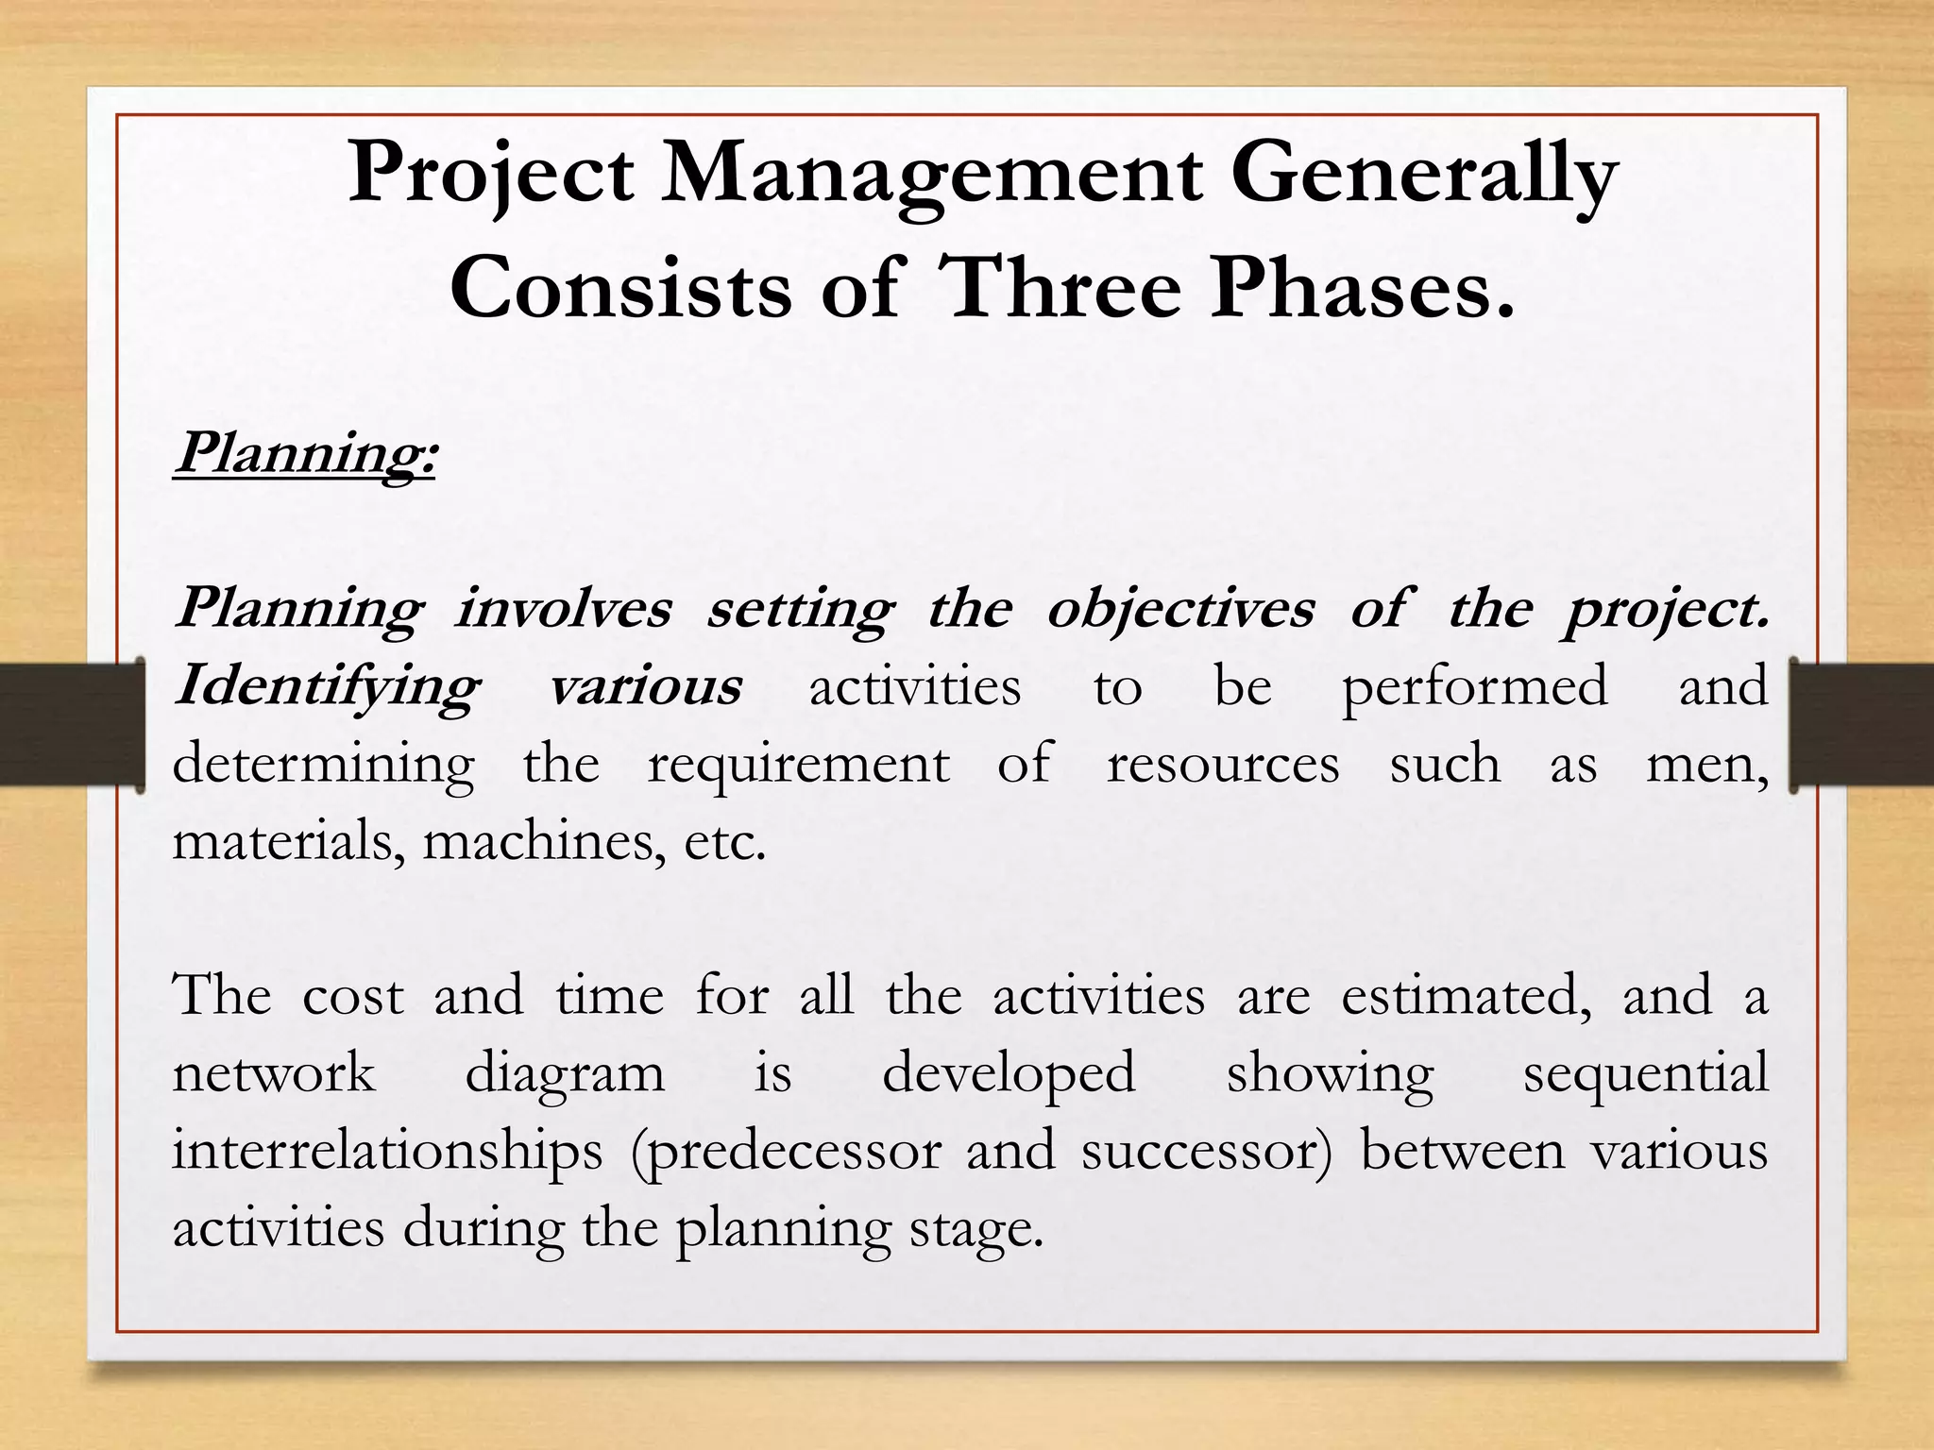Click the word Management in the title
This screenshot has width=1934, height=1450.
click(931, 176)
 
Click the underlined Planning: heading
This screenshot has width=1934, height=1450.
click(304, 454)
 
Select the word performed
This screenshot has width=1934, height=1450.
click(1474, 686)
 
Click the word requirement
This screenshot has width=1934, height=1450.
click(798, 765)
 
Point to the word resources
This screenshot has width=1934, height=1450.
click(1223, 765)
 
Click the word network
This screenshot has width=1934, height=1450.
click(274, 1074)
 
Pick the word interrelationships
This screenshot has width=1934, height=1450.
click(387, 1153)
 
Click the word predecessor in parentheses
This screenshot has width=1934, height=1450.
click(786, 1153)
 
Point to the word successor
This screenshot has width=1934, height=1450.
click(1206, 1153)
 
